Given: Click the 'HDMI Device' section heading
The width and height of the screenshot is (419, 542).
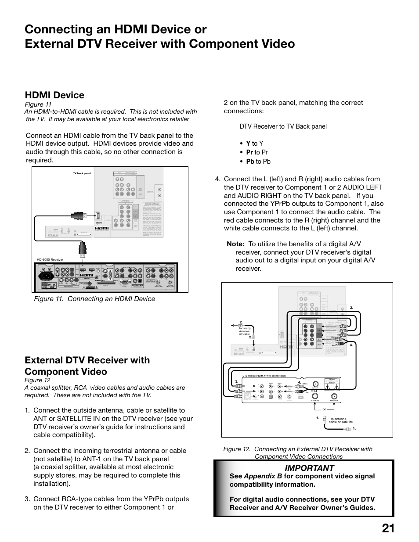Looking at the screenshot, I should coord(54,95).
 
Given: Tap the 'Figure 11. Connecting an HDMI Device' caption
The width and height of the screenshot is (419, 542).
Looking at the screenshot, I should coord(94,299).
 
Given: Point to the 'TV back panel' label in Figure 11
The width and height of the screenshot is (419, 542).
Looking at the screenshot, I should coord(82,173).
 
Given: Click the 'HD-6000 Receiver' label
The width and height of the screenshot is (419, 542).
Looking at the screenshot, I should coord(50,259).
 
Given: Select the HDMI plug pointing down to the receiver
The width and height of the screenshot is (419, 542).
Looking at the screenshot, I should coord(83,250).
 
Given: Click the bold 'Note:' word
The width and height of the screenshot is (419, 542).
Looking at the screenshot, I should coord(235,244).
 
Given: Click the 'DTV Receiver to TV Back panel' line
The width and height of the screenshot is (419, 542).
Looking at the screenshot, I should coord(283,126).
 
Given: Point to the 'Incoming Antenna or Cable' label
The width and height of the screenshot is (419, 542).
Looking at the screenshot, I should coord(245,331).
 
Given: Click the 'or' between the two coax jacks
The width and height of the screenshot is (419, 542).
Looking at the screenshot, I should coord(324,409).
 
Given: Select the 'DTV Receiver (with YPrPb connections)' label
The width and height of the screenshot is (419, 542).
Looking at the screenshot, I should coord(264,376).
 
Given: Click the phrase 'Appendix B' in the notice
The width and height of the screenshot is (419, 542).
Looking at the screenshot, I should coord(263,476).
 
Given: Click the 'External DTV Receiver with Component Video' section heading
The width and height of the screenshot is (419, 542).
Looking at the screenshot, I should coord(87,366).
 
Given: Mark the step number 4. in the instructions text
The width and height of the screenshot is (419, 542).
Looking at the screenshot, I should coord(217,179).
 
